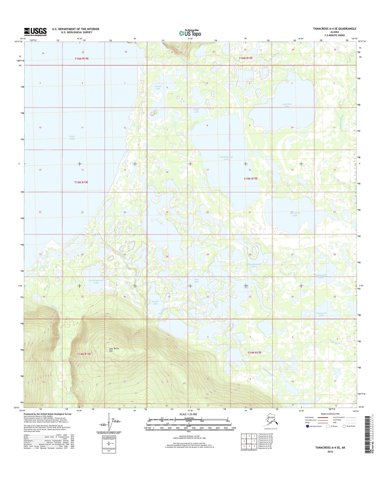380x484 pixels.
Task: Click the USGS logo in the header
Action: (35, 32)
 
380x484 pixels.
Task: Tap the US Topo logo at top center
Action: (190, 33)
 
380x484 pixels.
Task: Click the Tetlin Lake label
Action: (72, 137)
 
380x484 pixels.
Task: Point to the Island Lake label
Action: (158, 87)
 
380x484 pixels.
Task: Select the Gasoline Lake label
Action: (287, 105)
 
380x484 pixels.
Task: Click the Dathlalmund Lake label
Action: (226, 158)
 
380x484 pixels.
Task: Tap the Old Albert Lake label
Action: (295, 214)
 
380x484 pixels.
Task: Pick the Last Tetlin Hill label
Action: (114, 349)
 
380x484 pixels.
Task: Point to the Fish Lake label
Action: (196, 281)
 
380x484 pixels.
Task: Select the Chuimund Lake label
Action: (321, 314)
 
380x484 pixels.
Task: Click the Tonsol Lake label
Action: (155, 302)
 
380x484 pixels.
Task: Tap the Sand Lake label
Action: (196, 111)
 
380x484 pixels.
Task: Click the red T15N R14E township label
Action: (81, 182)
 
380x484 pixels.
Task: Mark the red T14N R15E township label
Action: (254, 352)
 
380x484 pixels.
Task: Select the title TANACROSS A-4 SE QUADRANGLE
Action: (335, 29)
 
